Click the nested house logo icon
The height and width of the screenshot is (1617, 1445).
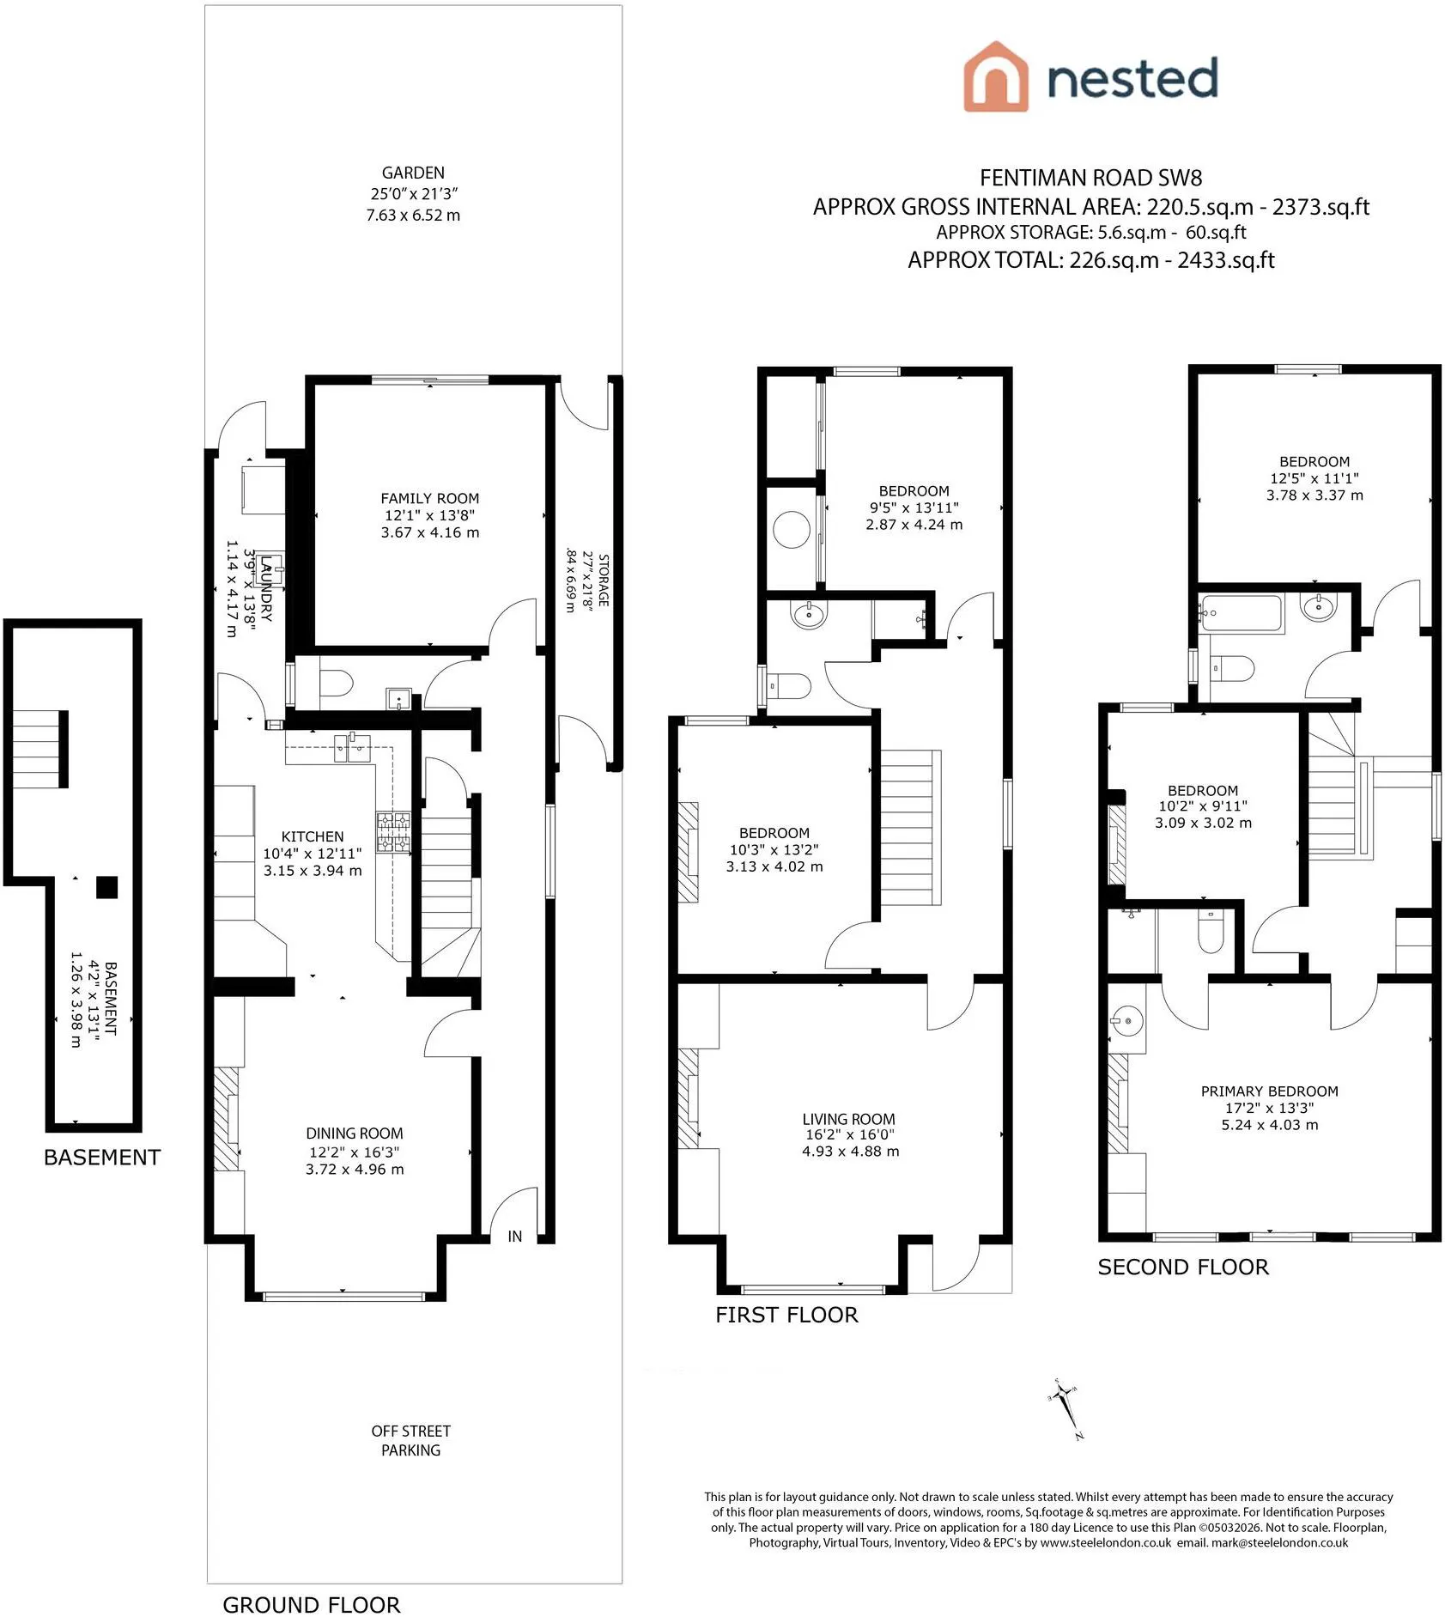click(995, 76)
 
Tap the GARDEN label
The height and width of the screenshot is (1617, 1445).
click(413, 173)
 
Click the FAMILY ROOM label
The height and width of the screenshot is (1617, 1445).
click(429, 498)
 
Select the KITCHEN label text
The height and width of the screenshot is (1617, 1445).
click(313, 836)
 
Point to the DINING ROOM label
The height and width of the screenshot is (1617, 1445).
click(355, 1134)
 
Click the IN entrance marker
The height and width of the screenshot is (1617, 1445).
click(515, 1236)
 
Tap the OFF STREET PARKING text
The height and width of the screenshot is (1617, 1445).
click(411, 1440)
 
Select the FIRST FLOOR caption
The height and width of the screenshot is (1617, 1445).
click(786, 1315)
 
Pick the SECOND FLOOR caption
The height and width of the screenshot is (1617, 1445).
click(1183, 1267)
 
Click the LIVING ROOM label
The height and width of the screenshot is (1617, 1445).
click(848, 1119)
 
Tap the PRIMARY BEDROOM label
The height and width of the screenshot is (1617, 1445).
click(1270, 1091)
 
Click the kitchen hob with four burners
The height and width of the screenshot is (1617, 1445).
click(394, 833)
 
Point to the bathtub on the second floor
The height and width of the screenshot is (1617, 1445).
click(1242, 613)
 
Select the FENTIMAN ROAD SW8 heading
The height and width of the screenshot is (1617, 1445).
click(1090, 178)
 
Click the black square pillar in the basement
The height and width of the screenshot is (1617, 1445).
click(106, 887)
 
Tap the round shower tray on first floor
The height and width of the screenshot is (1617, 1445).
click(792, 531)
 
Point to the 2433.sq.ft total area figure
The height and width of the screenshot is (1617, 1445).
click(1225, 260)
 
